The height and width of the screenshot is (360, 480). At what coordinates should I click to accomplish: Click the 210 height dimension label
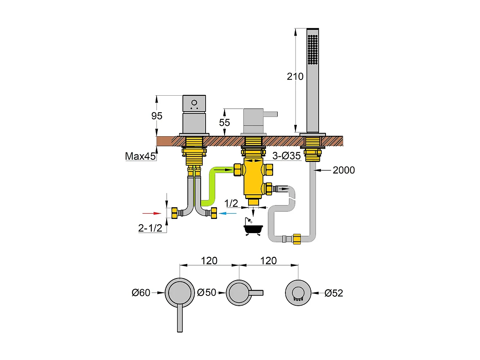pos(295,76)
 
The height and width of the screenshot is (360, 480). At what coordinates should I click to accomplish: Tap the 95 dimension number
pos(157,116)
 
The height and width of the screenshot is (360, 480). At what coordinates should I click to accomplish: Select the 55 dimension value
pos(224,122)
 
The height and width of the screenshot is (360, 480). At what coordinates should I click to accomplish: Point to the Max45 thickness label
pos(141,156)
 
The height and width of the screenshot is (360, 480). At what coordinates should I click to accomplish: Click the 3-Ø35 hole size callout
pos(287,156)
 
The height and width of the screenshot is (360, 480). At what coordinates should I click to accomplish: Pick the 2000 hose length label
pos(344,170)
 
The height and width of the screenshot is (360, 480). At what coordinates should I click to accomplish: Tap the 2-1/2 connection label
pos(150,228)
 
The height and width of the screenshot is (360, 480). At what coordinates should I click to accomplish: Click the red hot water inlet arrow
pos(152,213)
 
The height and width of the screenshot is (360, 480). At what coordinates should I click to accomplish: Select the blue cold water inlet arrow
pos(228,213)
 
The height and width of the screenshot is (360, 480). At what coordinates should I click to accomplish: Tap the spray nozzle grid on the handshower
pos(313,49)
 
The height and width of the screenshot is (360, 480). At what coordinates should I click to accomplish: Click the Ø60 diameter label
pos(141,293)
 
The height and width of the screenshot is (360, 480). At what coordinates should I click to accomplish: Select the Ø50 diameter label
pos(207,292)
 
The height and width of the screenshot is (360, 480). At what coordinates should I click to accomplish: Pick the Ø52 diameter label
pos(334,293)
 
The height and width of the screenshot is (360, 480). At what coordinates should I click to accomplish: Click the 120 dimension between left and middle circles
pos(209,261)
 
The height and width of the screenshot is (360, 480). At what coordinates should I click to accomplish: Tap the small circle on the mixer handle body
pos(194,103)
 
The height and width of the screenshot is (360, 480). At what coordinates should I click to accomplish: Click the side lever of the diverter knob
pos(270,114)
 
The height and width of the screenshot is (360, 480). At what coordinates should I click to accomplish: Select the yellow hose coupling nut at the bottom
pos(297,239)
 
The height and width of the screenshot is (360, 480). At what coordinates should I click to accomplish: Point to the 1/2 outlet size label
pos(231,203)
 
